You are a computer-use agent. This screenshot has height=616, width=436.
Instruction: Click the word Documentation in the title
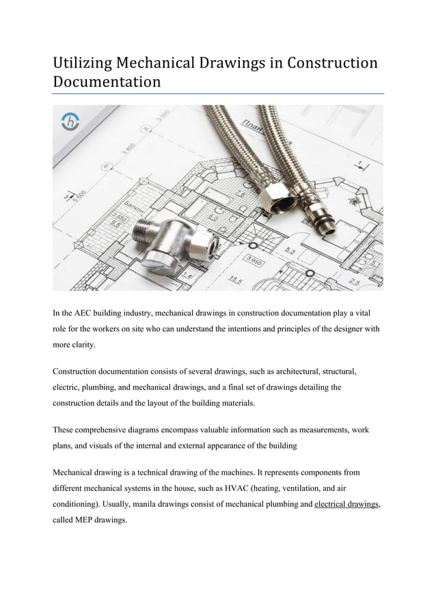click(x=107, y=83)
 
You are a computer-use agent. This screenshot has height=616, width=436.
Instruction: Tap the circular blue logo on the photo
click(x=70, y=122)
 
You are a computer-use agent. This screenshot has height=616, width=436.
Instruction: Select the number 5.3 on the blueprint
click(x=290, y=252)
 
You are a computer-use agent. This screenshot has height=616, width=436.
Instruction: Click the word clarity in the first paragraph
click(x=82, y=347)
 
